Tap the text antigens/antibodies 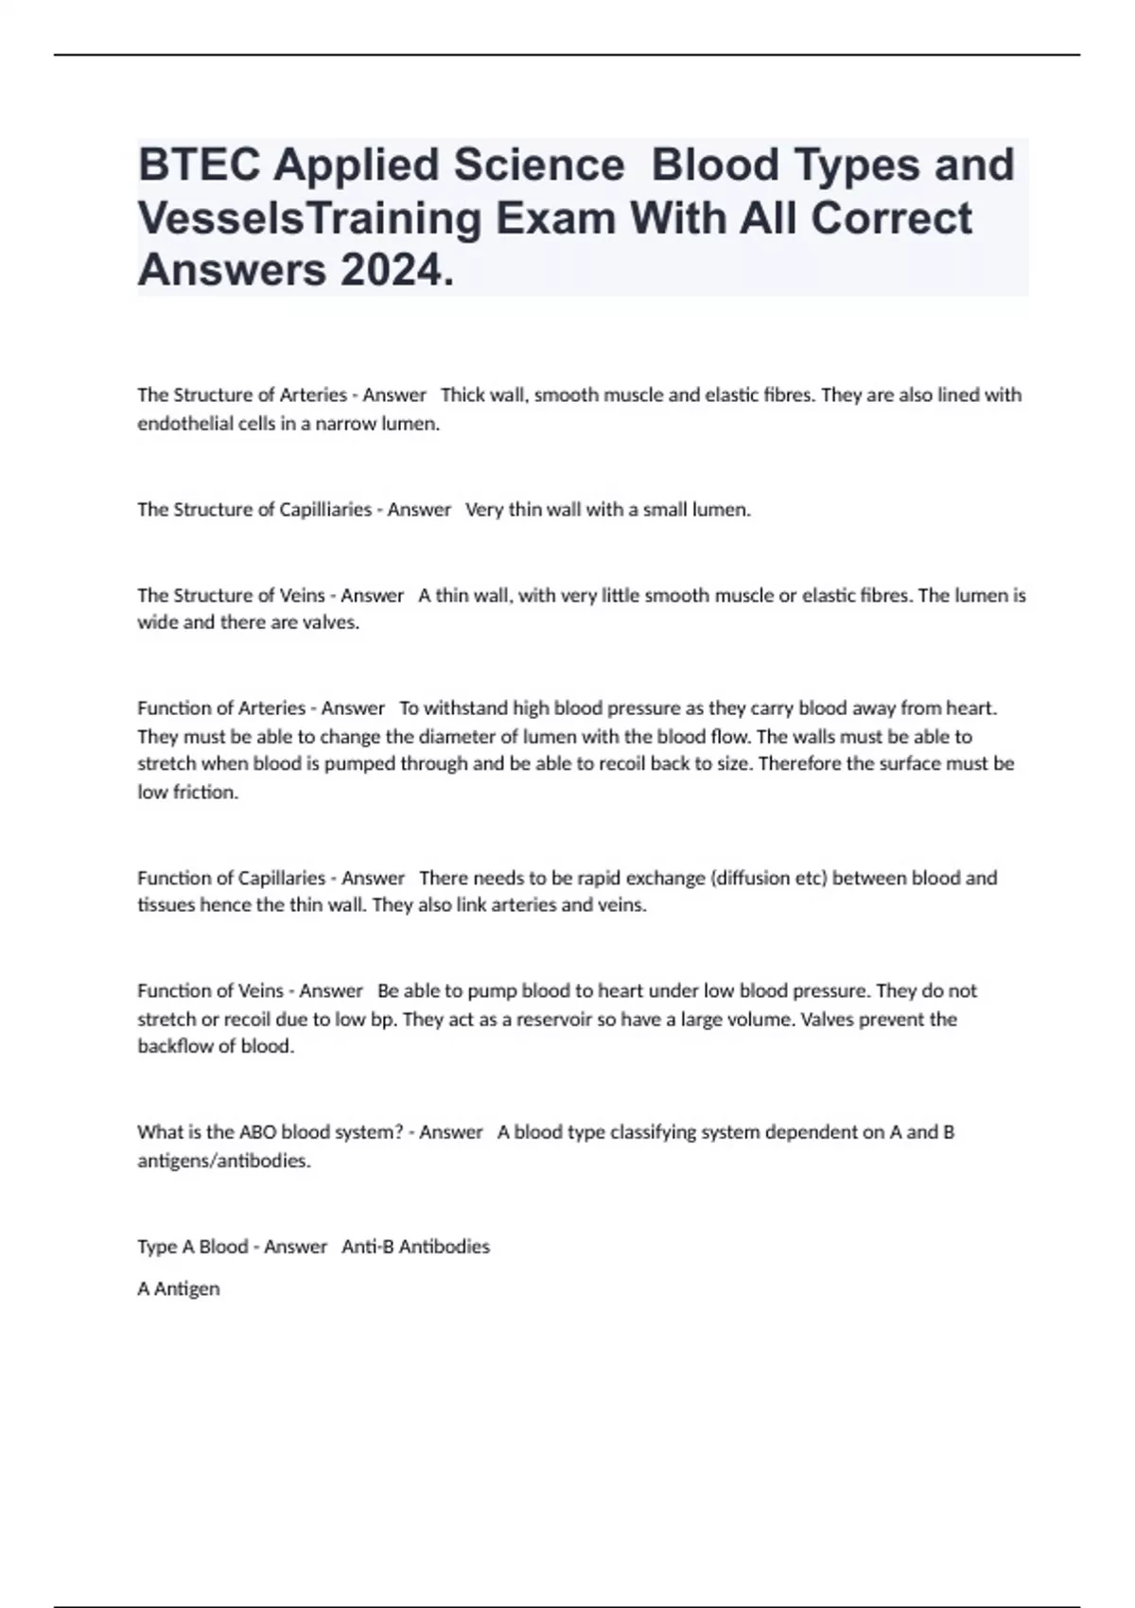coord(223,1161)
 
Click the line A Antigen coord(179,1288)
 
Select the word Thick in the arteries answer coord(462,395)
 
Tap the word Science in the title coord(538,165)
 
